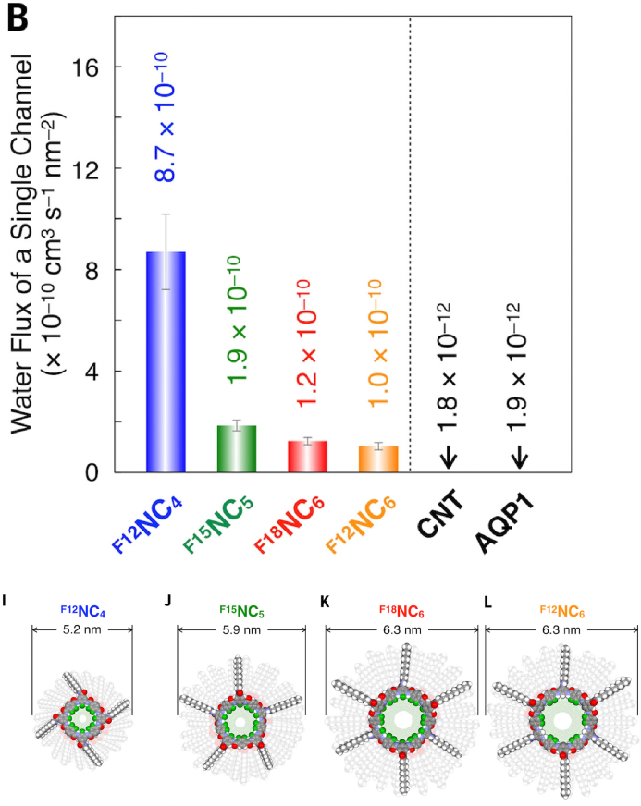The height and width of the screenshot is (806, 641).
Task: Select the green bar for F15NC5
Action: (x=236, y=448)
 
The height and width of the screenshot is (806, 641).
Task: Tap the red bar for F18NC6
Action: (x=306, y=456)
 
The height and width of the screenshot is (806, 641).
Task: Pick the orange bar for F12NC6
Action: (x=377, y=458)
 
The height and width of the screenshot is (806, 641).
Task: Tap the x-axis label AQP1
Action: (x=514, y=527)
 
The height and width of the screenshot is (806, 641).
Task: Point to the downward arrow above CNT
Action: (x=448, y=455)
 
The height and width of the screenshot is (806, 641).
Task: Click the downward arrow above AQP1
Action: (x=518, y=455)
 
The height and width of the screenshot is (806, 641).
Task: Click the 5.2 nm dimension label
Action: (x=82, y=629)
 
